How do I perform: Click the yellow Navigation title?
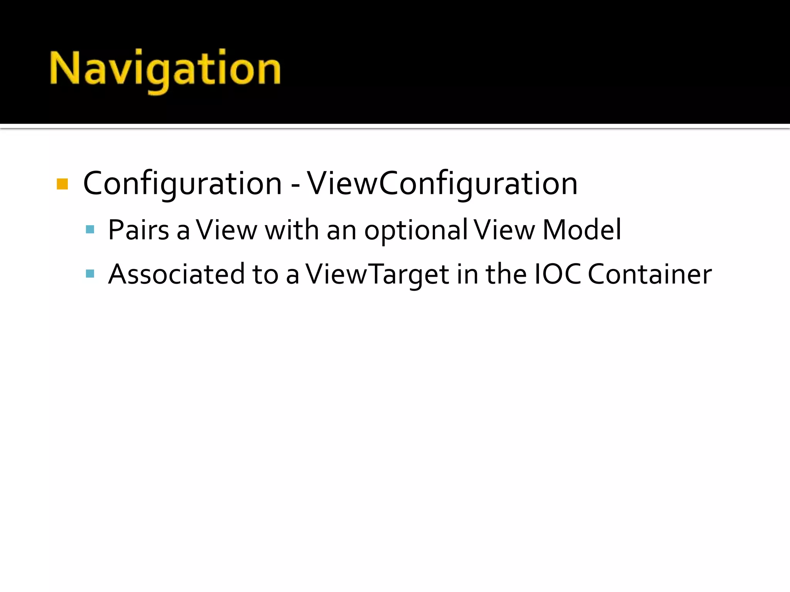click(x=165, y=69)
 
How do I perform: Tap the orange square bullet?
click(x=62, y=184)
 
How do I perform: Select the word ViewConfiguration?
click(x=442, y=183)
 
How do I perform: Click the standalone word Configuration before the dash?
click(x=182, y=183)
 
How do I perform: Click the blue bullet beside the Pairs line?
click(x=90, y=230)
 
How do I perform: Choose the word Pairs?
click(x=138, y=230)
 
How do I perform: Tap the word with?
click(x=292, y=230)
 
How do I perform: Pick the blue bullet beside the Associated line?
click(x=90, y=274)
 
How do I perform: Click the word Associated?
click(x=176, y=274)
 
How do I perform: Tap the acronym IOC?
click(x=558, y=274)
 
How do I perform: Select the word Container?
click(x=650, y=274)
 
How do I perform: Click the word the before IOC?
click(x=506, y=274)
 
